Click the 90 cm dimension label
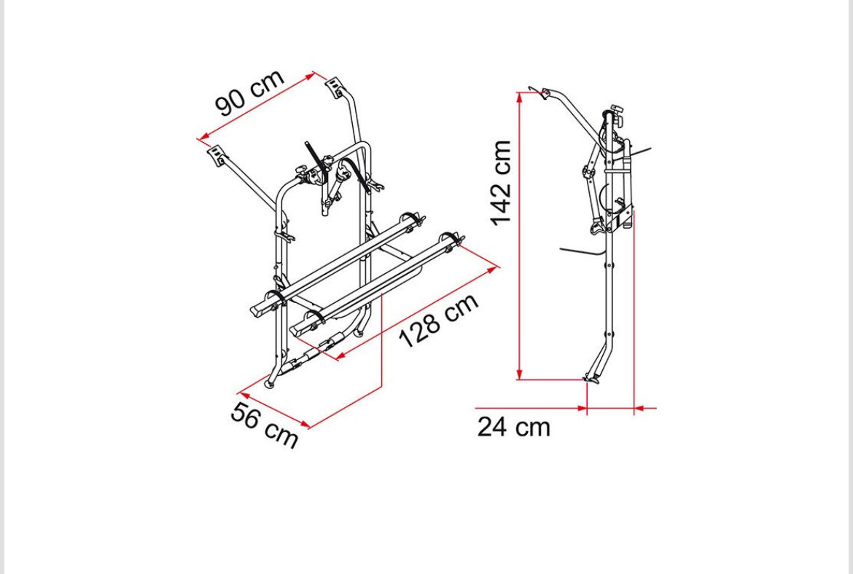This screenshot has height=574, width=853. tap(249, 93)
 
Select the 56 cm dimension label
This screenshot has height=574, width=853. tap(265, 425)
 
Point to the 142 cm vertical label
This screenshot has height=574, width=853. tap(500, 183)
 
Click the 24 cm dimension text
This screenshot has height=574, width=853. tap(514, 427)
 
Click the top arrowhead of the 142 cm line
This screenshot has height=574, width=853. tap(520, 98)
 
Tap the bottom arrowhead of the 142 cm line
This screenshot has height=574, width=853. tap(520, 374)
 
